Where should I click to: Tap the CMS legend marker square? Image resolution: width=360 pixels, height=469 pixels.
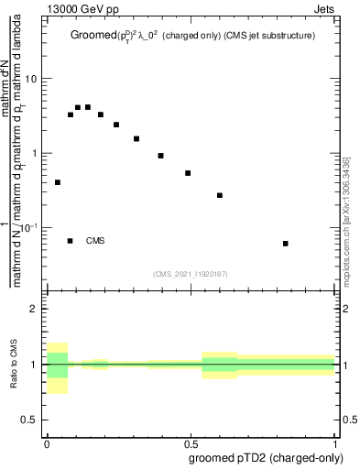(x=70, y=241)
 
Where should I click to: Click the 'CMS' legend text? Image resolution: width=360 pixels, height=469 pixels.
(x=95, y=241)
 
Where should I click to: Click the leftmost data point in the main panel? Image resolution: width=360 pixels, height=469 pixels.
(x=58, y=182)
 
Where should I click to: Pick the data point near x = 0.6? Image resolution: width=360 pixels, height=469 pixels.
(x=220, y=195)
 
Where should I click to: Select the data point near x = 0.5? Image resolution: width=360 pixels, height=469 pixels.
(x=188, y=173)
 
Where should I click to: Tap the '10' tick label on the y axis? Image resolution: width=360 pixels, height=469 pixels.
(x=32, y=79)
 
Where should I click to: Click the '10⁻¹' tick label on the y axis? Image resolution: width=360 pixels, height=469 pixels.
(x=31, y=227)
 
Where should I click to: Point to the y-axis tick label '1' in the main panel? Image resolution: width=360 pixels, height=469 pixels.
(x=36, y=153)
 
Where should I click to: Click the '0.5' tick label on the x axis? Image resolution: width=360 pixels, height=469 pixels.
(x=191, y=443)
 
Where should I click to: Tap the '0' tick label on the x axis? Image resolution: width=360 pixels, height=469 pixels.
(x=47, y=443)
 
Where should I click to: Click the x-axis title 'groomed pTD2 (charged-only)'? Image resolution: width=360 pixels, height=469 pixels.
(x=267, y=457)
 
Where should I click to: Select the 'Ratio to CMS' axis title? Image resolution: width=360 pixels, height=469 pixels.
(x=13, y=365)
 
